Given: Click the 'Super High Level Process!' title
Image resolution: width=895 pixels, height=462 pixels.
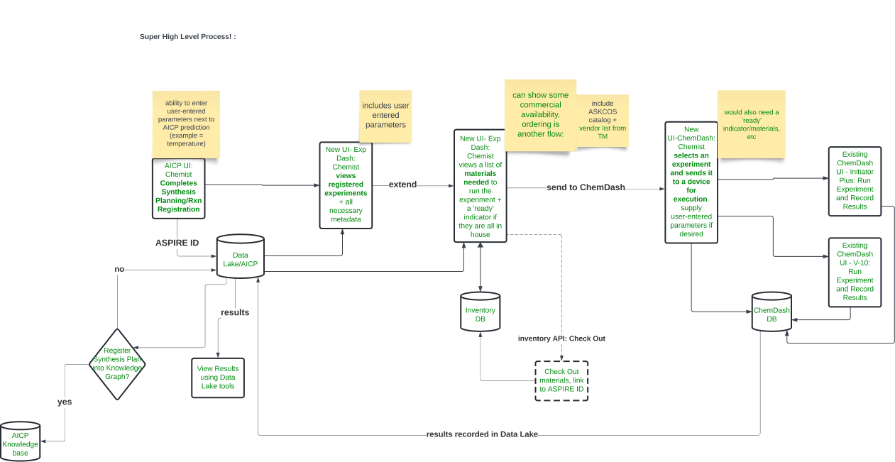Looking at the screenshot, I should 187,36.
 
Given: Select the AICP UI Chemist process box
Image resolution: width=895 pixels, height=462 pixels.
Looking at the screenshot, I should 179,188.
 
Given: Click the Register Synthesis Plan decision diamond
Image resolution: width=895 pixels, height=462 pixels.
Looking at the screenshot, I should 117,363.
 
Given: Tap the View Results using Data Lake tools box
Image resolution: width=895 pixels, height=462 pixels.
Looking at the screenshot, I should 218,378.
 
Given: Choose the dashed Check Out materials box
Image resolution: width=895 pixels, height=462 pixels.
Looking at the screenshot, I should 561,380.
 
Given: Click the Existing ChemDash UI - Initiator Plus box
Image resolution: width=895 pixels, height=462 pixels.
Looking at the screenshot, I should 855,180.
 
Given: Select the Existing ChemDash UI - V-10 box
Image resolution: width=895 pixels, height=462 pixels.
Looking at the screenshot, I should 855,272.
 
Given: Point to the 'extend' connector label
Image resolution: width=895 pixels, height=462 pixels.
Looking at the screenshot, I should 402,185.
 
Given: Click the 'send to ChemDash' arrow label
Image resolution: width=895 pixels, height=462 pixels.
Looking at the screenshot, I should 586,187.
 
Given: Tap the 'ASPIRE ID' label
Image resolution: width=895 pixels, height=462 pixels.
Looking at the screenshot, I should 177,243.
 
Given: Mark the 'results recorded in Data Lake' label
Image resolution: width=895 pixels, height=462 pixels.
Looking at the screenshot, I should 482,434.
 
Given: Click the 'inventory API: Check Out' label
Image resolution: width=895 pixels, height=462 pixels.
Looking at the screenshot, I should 561,339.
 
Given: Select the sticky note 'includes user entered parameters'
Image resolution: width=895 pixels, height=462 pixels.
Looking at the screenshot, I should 385,115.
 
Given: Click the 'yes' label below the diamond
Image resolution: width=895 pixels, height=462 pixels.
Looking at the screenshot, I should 65,402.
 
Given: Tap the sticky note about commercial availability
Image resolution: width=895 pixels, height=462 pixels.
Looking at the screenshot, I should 539,114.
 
